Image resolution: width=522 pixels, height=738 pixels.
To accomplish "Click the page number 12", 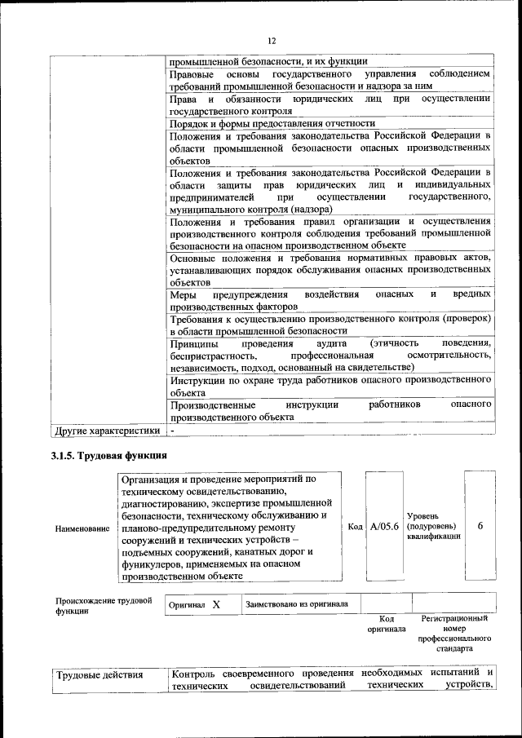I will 272,41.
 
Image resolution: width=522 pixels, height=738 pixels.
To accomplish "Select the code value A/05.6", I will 383,527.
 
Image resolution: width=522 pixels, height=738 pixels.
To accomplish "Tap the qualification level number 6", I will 480,527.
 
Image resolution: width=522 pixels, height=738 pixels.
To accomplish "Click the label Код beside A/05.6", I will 355,527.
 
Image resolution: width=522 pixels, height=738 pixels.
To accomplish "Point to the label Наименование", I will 82,528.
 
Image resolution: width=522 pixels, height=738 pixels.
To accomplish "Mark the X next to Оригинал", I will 216,605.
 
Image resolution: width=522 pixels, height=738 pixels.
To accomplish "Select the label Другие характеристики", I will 107,430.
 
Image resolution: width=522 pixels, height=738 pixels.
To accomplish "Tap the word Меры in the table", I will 184,294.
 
